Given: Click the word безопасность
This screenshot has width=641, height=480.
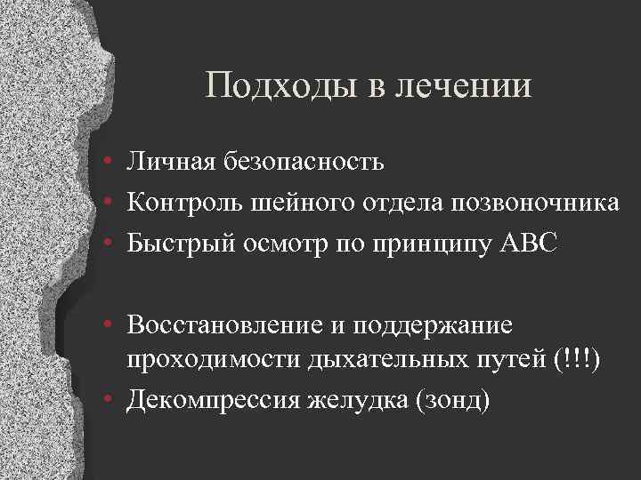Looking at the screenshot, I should (299, 163).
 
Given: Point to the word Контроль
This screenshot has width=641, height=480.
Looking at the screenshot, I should (183, 204).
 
